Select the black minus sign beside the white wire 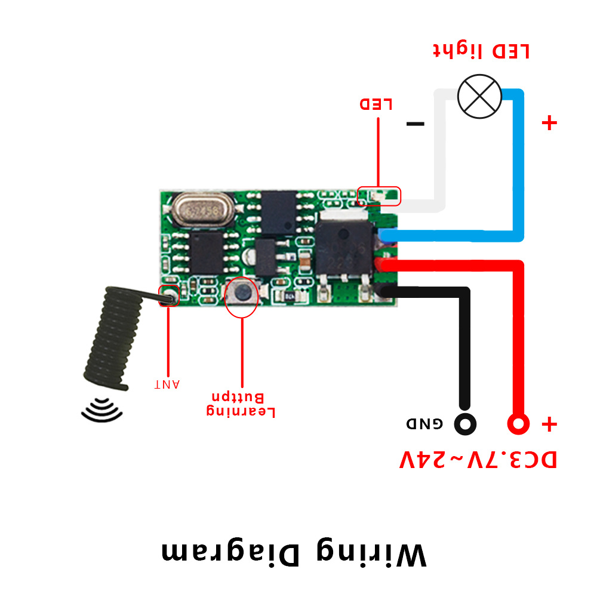[415, 124]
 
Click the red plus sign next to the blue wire [549, 124]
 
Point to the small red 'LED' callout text [376, 104]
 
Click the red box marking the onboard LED [378, 195]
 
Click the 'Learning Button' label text [241, 404]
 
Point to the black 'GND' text [425, 424]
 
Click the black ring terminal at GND [465, 424]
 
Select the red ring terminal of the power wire [518, 424]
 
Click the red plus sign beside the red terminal [549, 424]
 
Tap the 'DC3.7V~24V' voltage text [478, 460]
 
